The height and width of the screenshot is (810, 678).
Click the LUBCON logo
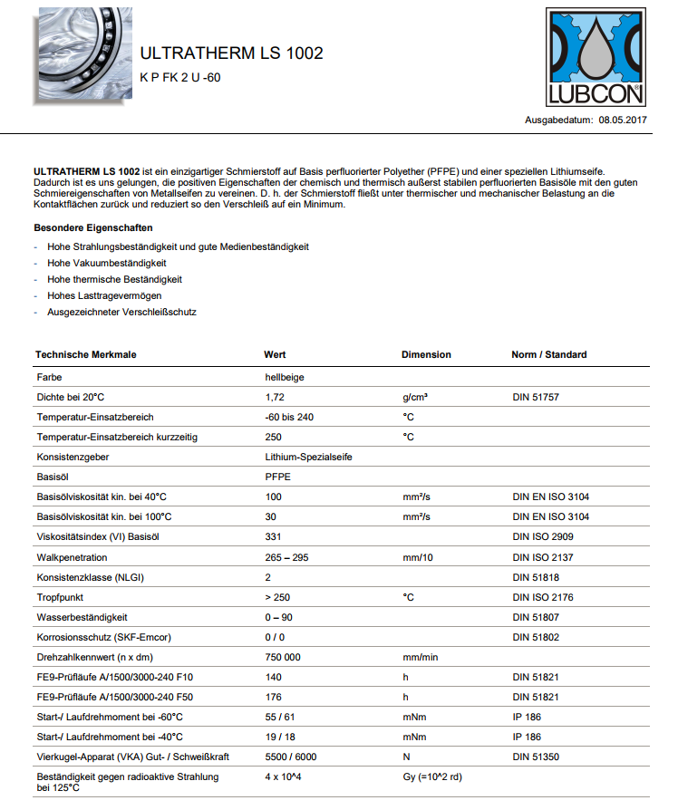(x=595, y=58)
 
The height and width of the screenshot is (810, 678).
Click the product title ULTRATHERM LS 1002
(x=231, y=53)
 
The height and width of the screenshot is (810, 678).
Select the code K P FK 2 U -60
(x=180, y=78)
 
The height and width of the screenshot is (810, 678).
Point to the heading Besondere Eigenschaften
(x=93, y=227)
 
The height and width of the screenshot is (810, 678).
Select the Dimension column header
(x=426, y=354)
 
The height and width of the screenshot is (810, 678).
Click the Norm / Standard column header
(x=549, y=354)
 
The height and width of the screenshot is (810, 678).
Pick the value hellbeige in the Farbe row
(x=285, y=377)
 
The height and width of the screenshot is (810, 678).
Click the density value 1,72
(x=275, y=397)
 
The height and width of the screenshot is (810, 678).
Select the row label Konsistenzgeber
(x=73, y=457)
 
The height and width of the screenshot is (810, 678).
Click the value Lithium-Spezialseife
(x=309, y=457)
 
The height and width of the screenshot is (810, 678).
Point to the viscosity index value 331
(x=274, y=537)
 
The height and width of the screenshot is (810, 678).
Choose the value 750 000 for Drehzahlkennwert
(x=283, y=657)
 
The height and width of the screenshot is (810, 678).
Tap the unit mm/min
(x=421, y=657)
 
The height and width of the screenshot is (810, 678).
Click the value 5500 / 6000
(x=291, y=757)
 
